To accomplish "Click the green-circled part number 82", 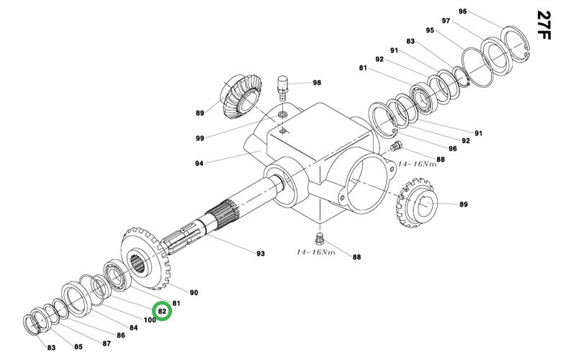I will coord(163,312).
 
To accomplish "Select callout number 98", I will coord(317,83).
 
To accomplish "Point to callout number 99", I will coord(199,138).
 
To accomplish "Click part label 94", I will coord(199,163).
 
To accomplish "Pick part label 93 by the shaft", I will coord(261,253).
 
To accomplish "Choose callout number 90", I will coord(194,292).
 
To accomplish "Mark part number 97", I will coord(446,21).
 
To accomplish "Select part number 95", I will coord(430,30).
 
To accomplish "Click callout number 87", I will coord(107,343).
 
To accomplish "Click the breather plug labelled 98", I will coord(283,87).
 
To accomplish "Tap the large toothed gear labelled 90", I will coord(145,259).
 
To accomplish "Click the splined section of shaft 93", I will coord(222,216).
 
